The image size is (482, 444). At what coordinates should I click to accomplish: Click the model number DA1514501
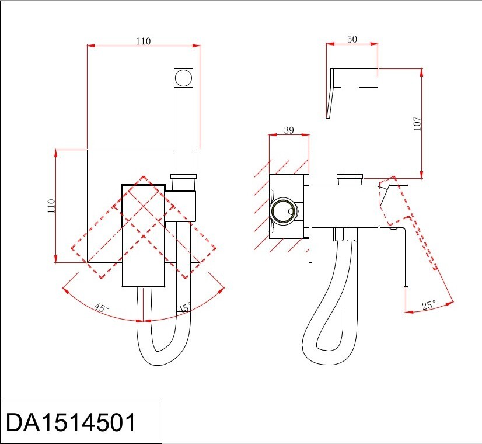point(71,422)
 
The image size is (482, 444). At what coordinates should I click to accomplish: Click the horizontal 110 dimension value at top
point(144,41)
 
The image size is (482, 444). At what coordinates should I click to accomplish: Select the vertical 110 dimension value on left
point(51,206)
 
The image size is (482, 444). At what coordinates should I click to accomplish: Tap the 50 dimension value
point(352,39)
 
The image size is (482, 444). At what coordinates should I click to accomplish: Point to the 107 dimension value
point(417,124)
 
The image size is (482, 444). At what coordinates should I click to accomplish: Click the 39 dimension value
point(289,130)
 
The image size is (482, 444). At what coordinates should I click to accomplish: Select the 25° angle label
point(429,305)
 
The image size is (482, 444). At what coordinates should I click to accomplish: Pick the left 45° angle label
point(102,307)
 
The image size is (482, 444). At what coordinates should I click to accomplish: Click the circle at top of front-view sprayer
point(183,78)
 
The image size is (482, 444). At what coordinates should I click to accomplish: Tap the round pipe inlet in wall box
point(284,210)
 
